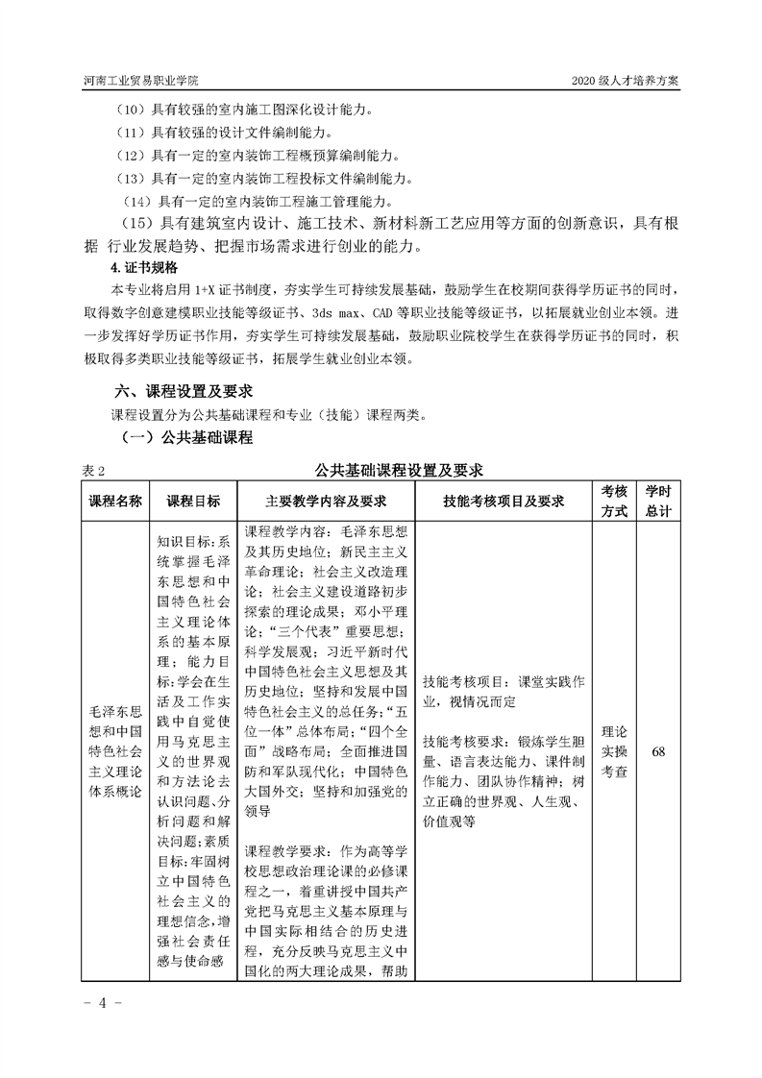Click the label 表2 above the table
coord(94,471)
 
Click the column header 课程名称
coord(115,502)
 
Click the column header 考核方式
coord(614,502)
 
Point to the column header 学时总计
coord(658,502)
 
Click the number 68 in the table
coord(658,751)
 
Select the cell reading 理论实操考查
coord(614,751)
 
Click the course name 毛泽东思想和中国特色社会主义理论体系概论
coord(115,751)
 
